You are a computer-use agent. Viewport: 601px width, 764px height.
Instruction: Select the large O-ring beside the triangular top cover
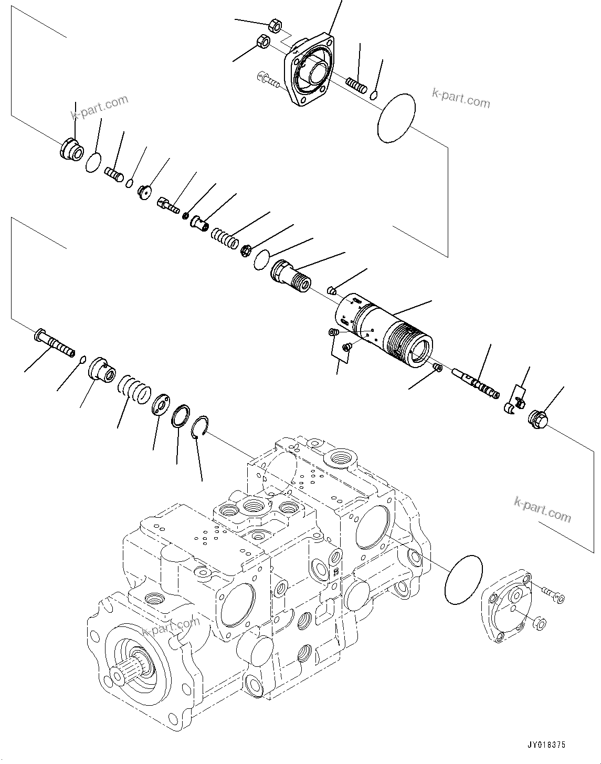point(396,118)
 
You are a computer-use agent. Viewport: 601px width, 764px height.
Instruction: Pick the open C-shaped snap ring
point(199,424)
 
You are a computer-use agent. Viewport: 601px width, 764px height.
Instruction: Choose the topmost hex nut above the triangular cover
point(273,25)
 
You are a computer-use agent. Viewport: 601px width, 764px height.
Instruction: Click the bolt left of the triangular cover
point(268,79)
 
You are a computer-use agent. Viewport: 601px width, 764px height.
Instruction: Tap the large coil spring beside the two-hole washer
point(134,389)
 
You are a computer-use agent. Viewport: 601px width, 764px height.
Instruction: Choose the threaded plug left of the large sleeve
point(290,275)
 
